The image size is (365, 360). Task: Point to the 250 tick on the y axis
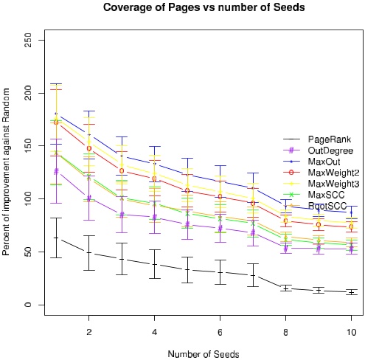(27, 41)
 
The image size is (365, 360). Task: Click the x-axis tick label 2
(88, 331)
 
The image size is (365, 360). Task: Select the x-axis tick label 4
(154, 331)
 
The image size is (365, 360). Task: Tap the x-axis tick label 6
(220, 331)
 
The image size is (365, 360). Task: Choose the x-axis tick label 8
(285, 331)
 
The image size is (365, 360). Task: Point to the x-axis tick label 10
(351, 331)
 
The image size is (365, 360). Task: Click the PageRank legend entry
(323, 139)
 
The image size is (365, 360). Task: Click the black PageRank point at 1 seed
(56, 238)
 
